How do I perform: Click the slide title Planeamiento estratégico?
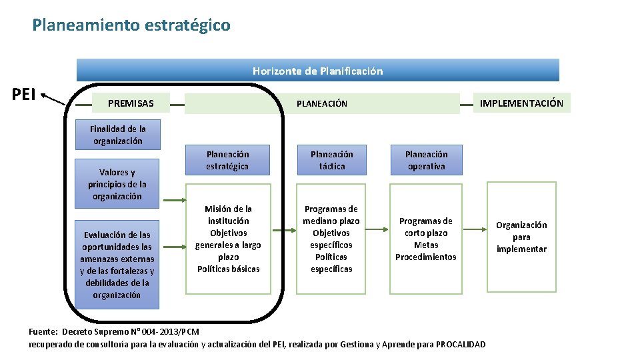[x=131, y=25]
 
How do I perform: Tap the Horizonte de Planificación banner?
[x=317, y=71]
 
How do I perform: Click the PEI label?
[x=24, y=94]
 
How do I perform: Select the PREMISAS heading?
[x=131, y=103]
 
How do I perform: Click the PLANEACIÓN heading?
[x=322, y=103]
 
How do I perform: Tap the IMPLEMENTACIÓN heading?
[x=521, y=103]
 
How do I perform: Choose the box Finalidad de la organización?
[x=118, y=135]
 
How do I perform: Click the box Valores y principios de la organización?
[x=117, y=184]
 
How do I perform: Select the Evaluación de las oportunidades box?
[x=117, y=265]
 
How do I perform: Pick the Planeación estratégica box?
[x=227, y=160]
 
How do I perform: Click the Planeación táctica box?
[x=331, y=160]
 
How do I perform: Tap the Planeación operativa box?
[x=426, y=160]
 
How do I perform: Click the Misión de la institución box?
[x=228, y=239]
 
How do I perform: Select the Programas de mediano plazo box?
[x=331, y=239]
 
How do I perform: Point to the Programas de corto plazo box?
[x=426, y=239]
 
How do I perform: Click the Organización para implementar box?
[x=521, y=237]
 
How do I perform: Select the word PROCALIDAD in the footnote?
[x=461, y=344]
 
